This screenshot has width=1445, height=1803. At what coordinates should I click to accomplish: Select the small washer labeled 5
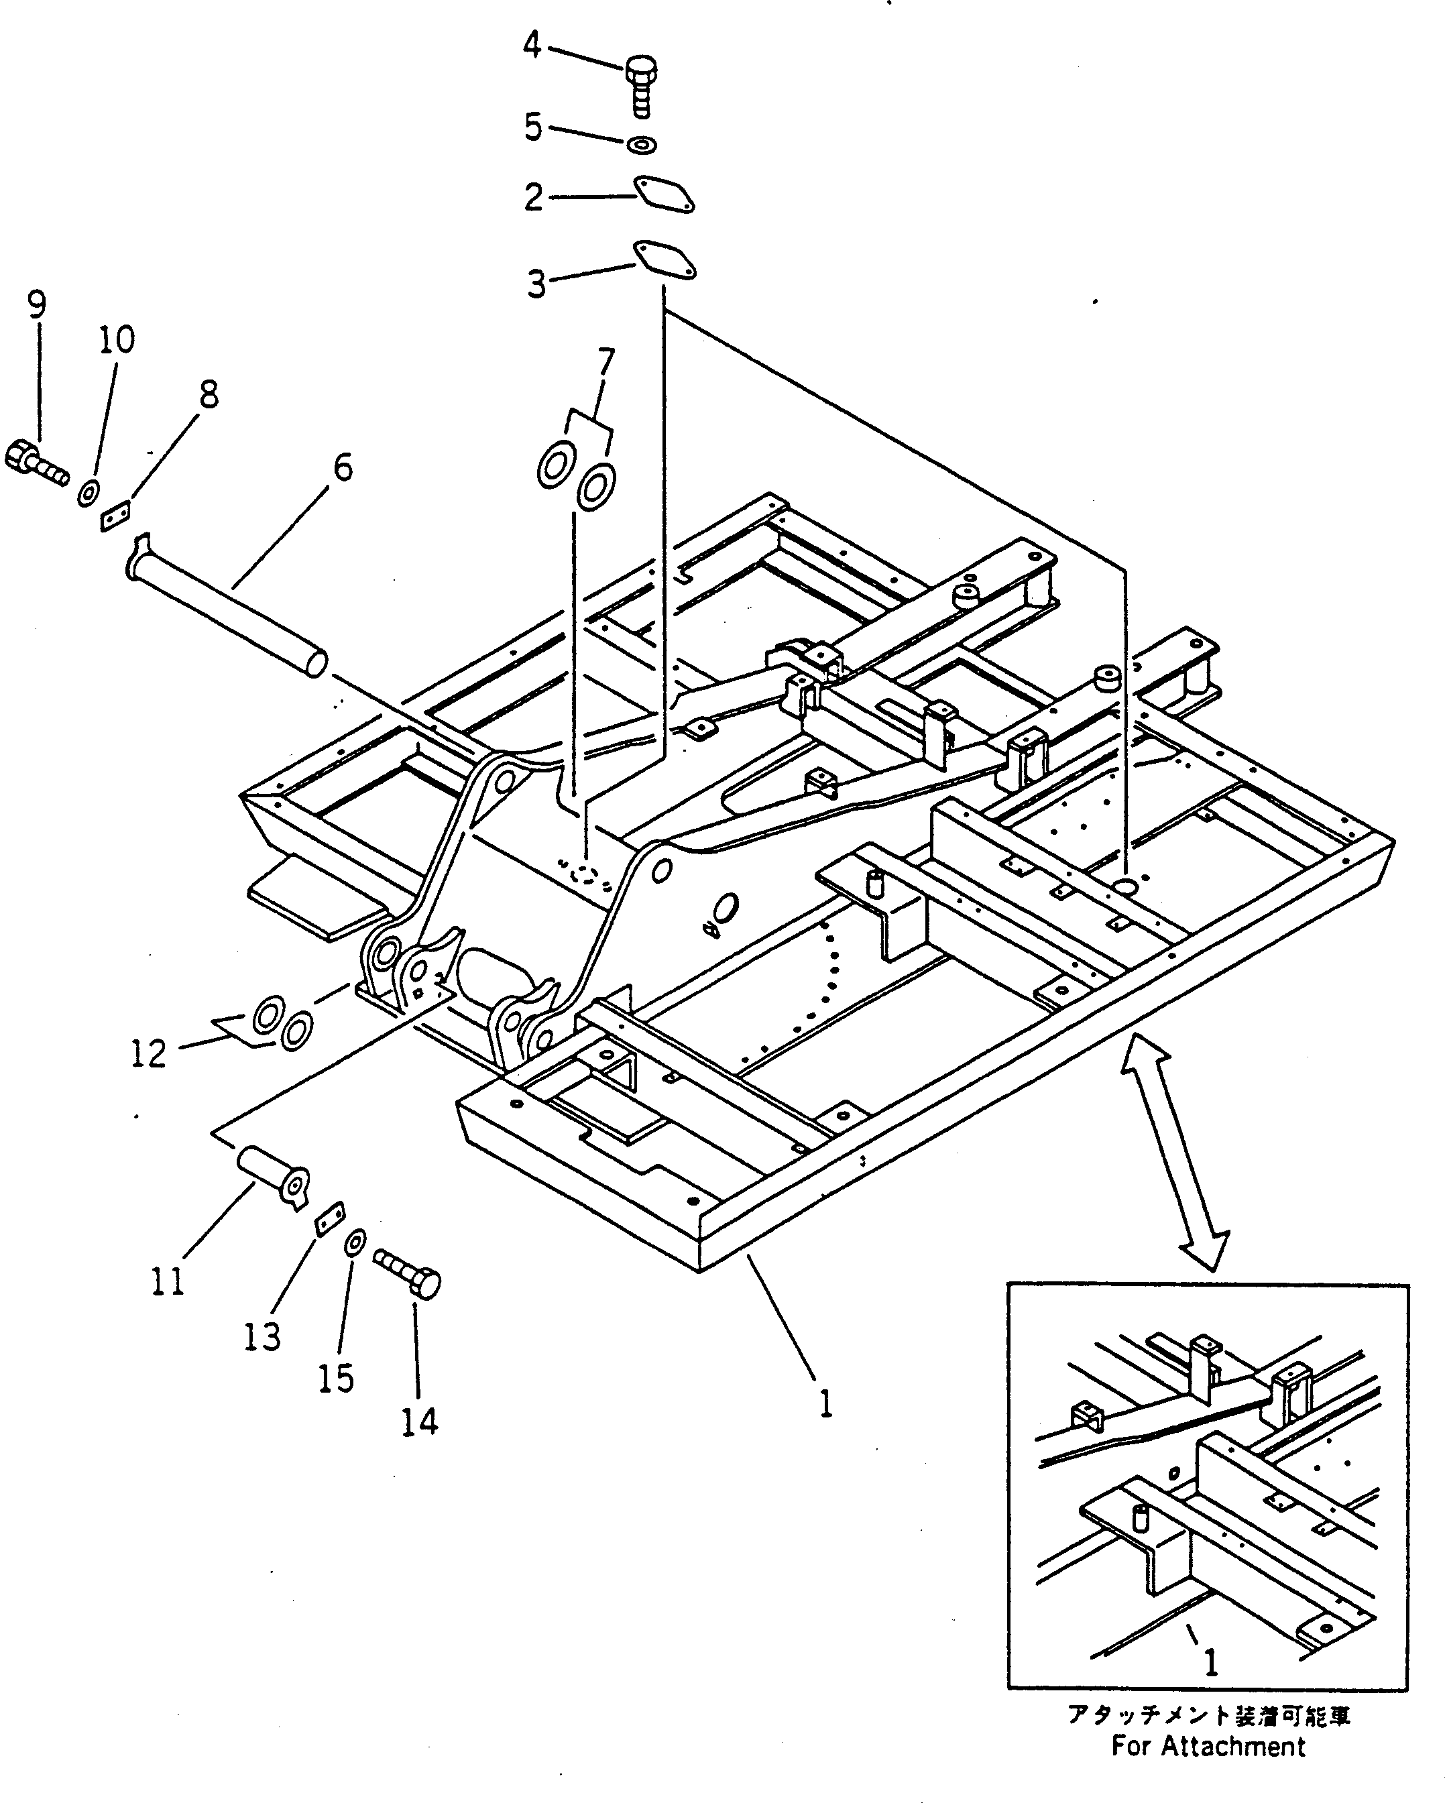point(642,145)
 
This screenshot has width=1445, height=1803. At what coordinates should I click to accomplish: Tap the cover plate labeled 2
point(664,194)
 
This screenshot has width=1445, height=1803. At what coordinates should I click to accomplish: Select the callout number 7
point(605,362)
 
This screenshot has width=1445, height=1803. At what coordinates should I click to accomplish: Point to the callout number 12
point(149,1053)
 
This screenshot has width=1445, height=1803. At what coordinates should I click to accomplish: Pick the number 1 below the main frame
point(825,1403)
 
